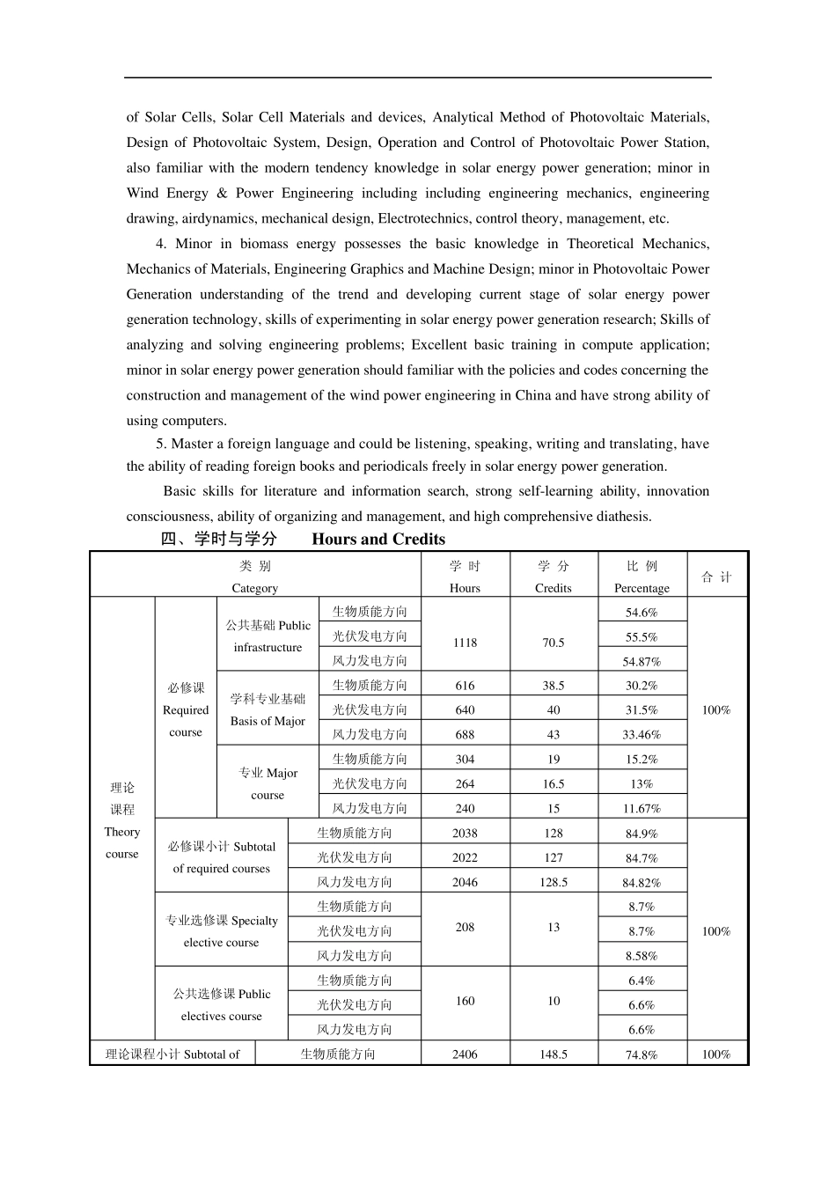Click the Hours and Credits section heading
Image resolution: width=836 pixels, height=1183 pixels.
click(303, 540)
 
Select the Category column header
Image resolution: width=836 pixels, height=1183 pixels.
click(255, 577)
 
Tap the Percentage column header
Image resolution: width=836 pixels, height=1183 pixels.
click(642, 577)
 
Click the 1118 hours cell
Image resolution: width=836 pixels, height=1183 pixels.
click(465, 643)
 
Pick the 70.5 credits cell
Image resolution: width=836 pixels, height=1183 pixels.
click(554, 643)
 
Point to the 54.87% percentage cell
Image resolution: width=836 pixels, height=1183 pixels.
click(642, 662)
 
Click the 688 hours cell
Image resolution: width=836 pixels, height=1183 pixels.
click(465, 735)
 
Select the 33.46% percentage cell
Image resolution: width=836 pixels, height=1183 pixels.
click(642, 735)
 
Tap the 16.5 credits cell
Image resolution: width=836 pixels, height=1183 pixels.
click(554, 784)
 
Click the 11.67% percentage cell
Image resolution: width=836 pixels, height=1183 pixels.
click(642, 809)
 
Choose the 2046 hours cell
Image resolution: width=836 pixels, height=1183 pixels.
click(465, 882)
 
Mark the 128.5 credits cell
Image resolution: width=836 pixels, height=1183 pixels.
click(554, 882)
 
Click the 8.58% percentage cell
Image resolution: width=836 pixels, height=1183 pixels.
click(642, 956)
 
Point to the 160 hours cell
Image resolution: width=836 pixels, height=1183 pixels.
click(465, 1001)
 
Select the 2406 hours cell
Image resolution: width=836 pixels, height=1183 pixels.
click(465, 1054)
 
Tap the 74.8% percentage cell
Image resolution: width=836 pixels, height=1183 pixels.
click(642, 1054)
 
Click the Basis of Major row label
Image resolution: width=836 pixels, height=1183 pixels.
click(268, 710)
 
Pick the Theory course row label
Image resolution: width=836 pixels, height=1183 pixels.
click(122, 820)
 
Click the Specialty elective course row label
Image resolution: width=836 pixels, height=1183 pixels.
click(222, 931)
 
